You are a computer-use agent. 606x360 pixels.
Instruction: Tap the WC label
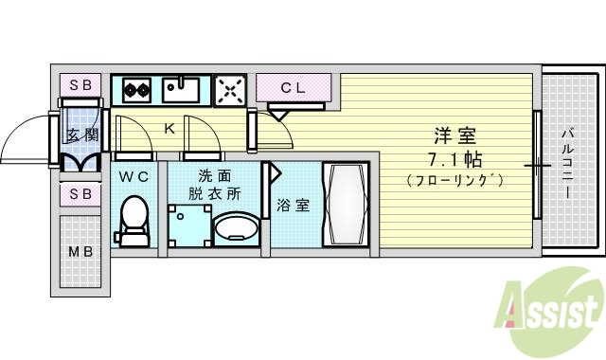pos(134,176)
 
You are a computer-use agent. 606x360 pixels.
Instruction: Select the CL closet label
pos(293,88)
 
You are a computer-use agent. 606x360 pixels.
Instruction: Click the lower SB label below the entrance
pos(81,194)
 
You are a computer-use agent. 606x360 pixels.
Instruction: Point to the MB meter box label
pos(80,252)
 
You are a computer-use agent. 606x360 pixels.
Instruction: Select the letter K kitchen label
pos(170,128)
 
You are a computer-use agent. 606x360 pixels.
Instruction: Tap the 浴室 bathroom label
pos(293,205)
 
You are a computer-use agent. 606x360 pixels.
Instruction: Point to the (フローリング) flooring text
pos(454,179)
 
